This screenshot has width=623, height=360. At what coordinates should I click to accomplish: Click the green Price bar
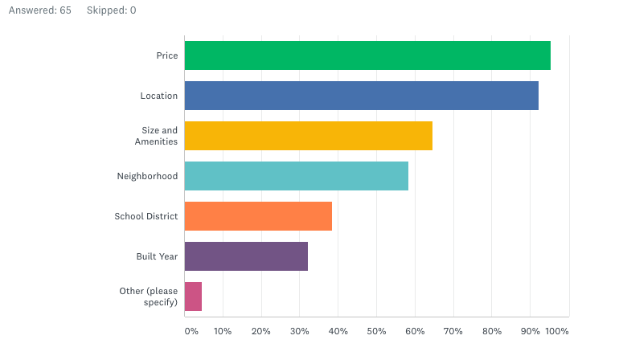coord(367,55)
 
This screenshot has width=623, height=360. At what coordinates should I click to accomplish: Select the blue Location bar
coord(361,96)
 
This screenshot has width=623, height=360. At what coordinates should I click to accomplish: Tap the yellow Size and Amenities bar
coord(308,136)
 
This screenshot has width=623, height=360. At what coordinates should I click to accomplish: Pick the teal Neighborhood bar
coord(296,176)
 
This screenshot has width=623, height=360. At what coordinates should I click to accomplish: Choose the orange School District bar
coord(258,216)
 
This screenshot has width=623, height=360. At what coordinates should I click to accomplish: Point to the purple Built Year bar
coord(246,256)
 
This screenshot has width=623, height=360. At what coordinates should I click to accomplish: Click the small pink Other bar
coord(193,297)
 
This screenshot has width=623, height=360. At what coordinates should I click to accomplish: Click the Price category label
coord(167,55)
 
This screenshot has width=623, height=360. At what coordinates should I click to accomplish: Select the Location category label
coord(158,96)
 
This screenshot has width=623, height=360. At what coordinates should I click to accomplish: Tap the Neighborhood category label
coord(147,176)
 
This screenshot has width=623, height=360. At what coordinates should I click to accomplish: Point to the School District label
coord(146,216)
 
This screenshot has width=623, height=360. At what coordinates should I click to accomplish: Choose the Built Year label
coord(157,256)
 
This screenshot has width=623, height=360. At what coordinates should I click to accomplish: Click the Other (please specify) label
coord(148,297)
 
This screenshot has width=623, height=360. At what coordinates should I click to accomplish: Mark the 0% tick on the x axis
coord(191,331)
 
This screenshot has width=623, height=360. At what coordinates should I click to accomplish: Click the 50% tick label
coord(376,331)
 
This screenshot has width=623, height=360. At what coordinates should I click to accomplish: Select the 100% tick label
coord(557,331)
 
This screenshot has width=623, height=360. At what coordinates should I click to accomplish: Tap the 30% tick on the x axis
coord(299,331)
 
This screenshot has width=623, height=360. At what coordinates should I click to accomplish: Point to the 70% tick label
coord(453,331)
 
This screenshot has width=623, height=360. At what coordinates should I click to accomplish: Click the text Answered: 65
coord(39,10)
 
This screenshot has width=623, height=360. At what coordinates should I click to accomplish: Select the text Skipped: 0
coord(111,10)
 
